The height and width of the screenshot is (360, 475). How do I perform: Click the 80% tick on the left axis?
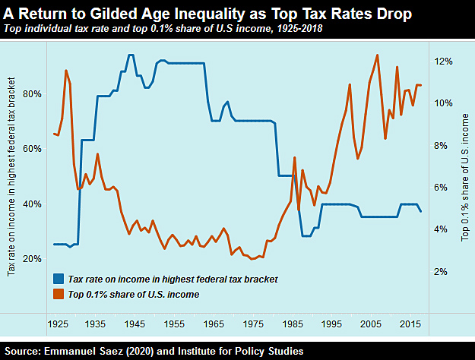(x=33, y=94)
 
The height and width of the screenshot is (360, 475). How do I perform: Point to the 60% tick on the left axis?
(x=33, y=149)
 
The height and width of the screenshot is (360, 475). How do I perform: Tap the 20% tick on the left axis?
(x=33, y=259)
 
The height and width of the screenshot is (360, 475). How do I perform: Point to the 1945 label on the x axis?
(x=136, y=323)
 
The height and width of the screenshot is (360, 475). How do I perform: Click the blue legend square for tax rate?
(x=58, y=279)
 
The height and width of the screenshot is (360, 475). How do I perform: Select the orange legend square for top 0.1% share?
(x=58, y=293)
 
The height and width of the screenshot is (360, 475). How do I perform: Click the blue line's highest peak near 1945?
(x=131, y=55)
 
